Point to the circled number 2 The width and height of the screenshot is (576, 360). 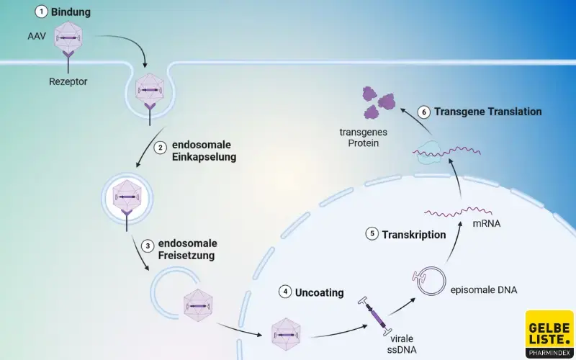point(160,148)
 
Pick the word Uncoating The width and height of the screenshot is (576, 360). point(319,292)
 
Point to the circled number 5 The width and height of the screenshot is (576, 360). point(372,234)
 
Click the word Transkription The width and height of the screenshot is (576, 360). point(414,235)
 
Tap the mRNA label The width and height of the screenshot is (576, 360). point(486,223)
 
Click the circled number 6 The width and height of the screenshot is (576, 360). point(424,112)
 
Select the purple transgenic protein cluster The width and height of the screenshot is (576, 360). point(379,101)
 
